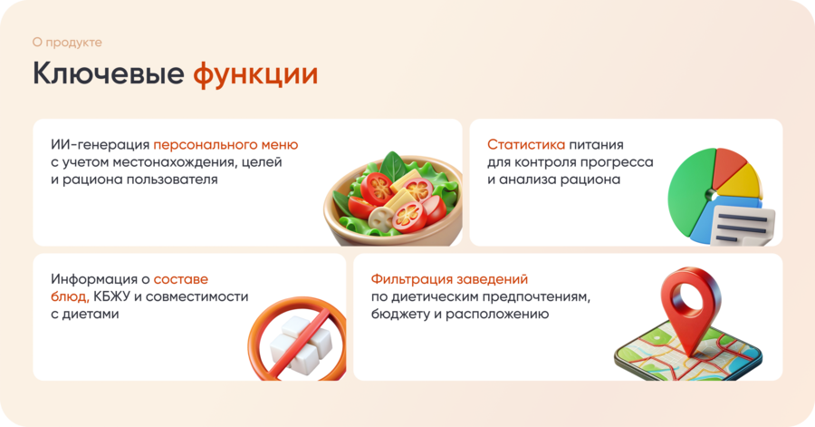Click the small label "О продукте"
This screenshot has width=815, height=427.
tap(67, 42)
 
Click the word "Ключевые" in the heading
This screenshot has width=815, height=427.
tap(109, 73)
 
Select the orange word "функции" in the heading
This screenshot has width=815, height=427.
tap(255, 74)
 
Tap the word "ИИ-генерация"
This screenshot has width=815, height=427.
tap(101, 144)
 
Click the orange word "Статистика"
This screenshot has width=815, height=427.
tap(526, 144)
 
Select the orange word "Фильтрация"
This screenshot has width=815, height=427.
tap(408, 279)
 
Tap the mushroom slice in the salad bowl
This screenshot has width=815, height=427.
tap(381, 218)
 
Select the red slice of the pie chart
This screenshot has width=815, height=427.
tap(730, 167)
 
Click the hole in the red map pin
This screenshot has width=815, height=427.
tap(690, 298)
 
